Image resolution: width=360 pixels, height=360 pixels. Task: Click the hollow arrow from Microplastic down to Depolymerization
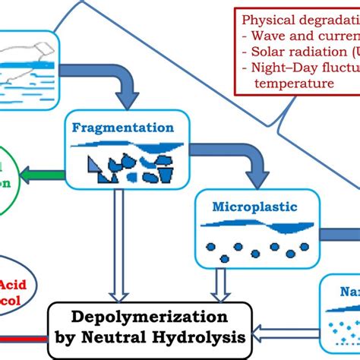[x=220, y=285]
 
